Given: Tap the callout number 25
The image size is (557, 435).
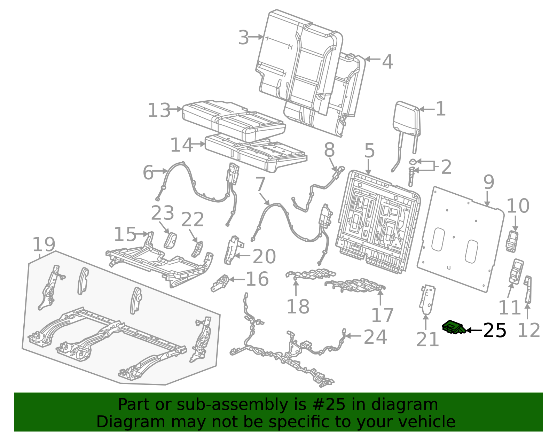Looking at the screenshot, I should tap(494, 330).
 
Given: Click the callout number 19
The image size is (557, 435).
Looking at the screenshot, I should tap(44, 244).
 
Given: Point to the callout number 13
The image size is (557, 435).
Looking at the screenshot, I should tap(159, 110).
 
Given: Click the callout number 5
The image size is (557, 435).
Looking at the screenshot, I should tap(369, 151).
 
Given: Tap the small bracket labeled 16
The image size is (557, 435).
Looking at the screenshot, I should tap(220, 283).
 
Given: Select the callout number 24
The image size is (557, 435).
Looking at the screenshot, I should tap(375, 337).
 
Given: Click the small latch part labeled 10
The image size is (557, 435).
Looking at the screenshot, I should tap(512, 241).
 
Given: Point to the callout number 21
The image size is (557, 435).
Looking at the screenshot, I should tap(427, 339).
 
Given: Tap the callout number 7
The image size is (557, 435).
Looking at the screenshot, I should tap(260, 184).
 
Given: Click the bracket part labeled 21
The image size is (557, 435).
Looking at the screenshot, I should tap(427, 300).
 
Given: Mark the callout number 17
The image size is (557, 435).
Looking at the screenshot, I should tap(382, 315).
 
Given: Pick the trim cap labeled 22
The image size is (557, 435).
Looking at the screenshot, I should tap(198, 249).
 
